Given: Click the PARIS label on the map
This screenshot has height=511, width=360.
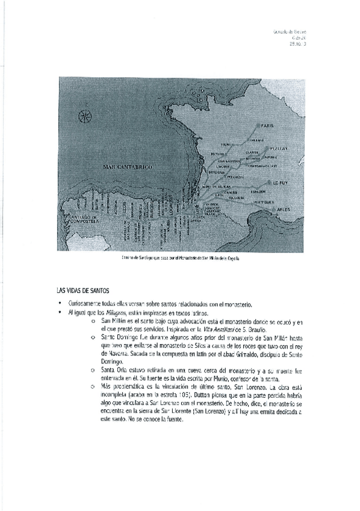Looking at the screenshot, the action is click(x=268, y=126).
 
